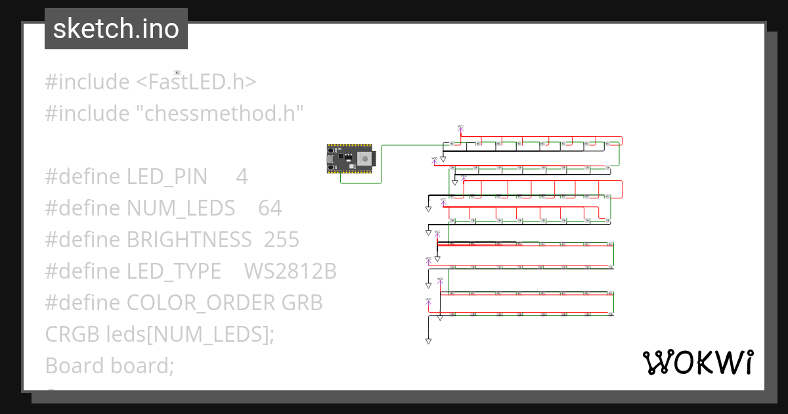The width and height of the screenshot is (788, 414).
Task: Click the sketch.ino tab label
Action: click(x=116, y=29)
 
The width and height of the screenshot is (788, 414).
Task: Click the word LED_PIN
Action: click(x=167, y=177)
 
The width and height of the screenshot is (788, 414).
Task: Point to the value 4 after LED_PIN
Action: click(x=242, y=177)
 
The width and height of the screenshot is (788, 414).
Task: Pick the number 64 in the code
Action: click(x=270, y=208)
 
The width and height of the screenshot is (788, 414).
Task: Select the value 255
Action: click(x=282, y=240)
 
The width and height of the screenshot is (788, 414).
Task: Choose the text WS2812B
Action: click(x=290, y=271)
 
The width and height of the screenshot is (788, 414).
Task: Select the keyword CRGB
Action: click(x=72, y=334)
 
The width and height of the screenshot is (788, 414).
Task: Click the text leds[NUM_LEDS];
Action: click(x=190, y=334)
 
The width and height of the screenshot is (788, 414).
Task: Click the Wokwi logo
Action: click(x=697, y=362)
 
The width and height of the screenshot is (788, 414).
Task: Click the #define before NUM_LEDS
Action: click(x=83, y=208)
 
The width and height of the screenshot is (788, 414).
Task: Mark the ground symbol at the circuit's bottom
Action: click(x=428, y=341)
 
